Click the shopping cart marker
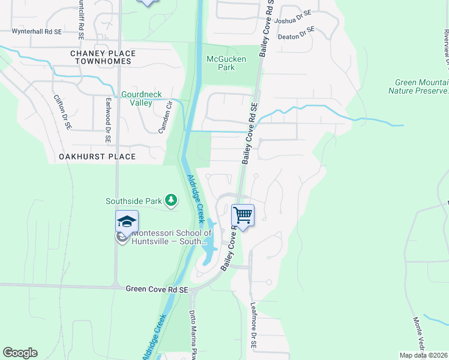point(243,215)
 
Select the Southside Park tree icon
point(171,200)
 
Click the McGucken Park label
point(220,63)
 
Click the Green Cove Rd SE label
point(157,289)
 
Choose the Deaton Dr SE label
point(296,34)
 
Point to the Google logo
point(20,353)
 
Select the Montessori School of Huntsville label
point(171,237)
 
